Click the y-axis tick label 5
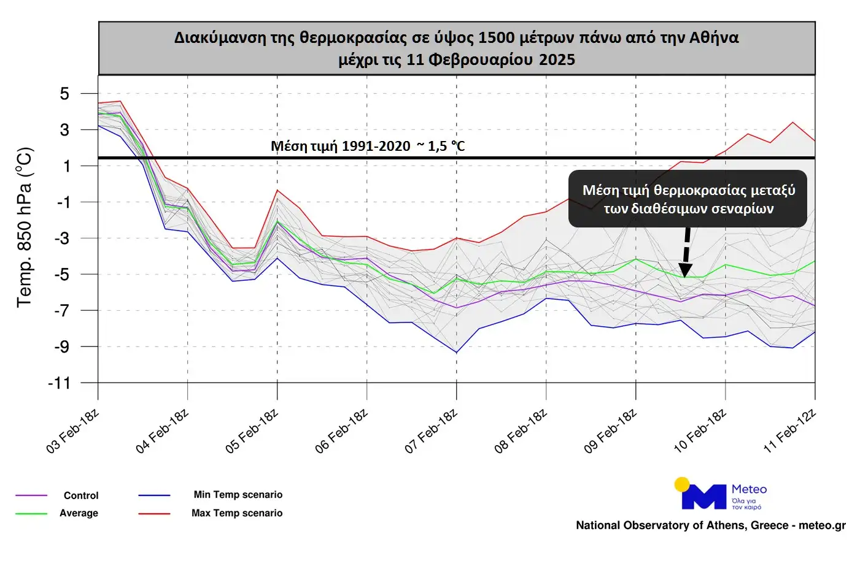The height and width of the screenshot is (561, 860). [x=64, y=94]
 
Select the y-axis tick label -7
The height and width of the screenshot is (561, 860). [x=61, y=311]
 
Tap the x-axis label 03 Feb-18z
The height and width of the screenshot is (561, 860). [x=73, y=432]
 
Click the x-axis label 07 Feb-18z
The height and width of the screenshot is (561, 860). [x=432, y=432]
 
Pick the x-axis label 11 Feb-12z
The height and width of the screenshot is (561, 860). [x=790, y=432]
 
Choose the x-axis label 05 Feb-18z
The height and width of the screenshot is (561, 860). [x=252, y=432]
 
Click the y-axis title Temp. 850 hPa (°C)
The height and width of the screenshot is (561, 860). [x=25, y=227]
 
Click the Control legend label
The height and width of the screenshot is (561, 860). [x=81, y=495]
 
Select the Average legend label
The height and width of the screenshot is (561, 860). [x=79, y=513]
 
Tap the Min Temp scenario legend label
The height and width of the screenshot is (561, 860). [x=238, y=495]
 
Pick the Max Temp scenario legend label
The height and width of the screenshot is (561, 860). [x=237, y=513]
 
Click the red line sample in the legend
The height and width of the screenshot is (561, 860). [x=154, y=513]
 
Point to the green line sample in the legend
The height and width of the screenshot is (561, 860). [x=31, y=513]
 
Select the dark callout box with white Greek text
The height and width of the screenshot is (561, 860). [x=688, y=199]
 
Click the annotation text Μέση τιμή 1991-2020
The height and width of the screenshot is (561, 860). [x=341, y=146]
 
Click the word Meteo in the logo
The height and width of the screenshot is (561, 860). [x=749, y=489]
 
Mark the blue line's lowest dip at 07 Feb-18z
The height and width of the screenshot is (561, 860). [x=456, y=352]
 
